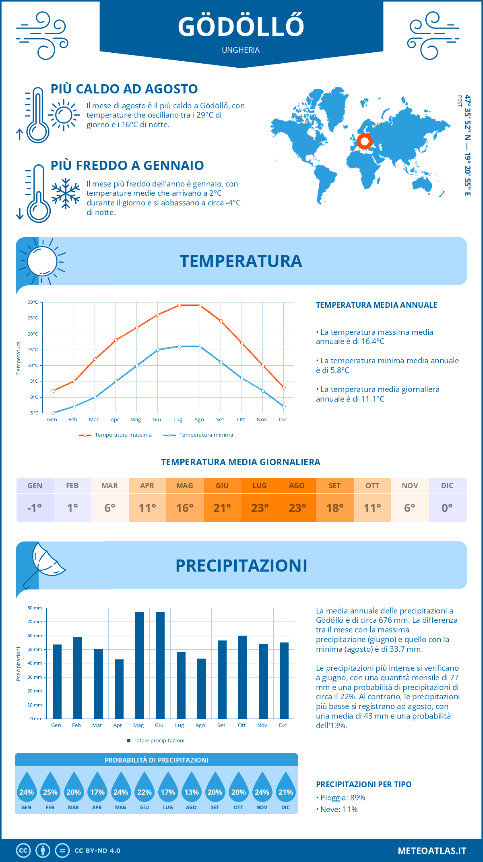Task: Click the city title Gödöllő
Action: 241,27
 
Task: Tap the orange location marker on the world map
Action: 365,141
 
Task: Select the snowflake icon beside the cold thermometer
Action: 66,193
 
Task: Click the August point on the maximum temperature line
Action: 200,305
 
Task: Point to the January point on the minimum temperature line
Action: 53,413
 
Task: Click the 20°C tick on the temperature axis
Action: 33,334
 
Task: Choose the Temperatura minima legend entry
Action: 198,435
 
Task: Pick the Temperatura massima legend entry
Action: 116,435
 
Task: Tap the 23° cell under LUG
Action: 260,508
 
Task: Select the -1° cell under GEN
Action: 35,508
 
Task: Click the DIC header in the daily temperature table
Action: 447,486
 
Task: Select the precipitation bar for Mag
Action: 140,665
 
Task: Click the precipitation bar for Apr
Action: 119,689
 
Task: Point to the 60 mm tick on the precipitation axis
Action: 35,636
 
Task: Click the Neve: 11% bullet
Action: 337,809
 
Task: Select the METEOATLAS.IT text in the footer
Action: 431,850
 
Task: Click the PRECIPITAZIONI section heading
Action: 241,566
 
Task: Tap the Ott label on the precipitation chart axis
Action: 242,725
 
